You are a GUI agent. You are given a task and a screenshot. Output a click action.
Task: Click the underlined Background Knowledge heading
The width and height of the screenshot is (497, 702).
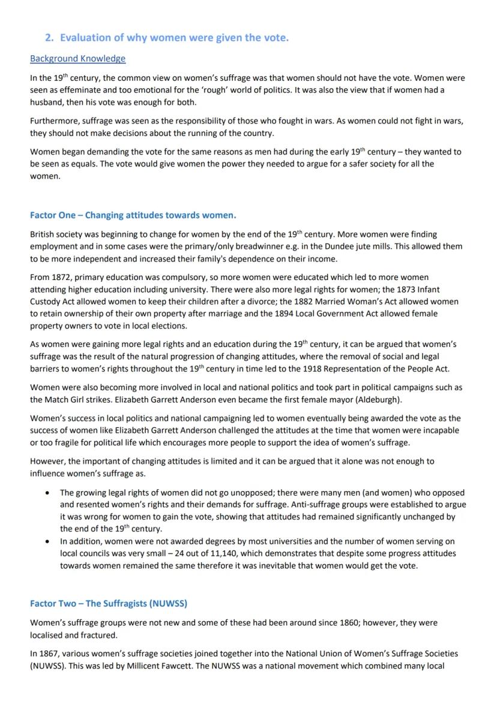click(77, 58)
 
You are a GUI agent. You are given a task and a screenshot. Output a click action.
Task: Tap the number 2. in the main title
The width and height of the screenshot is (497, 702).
click(50, 38)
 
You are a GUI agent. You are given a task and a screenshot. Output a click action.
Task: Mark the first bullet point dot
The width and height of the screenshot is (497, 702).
click(47, 492)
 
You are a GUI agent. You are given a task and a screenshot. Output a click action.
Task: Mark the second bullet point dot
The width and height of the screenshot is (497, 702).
click(47, 541)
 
